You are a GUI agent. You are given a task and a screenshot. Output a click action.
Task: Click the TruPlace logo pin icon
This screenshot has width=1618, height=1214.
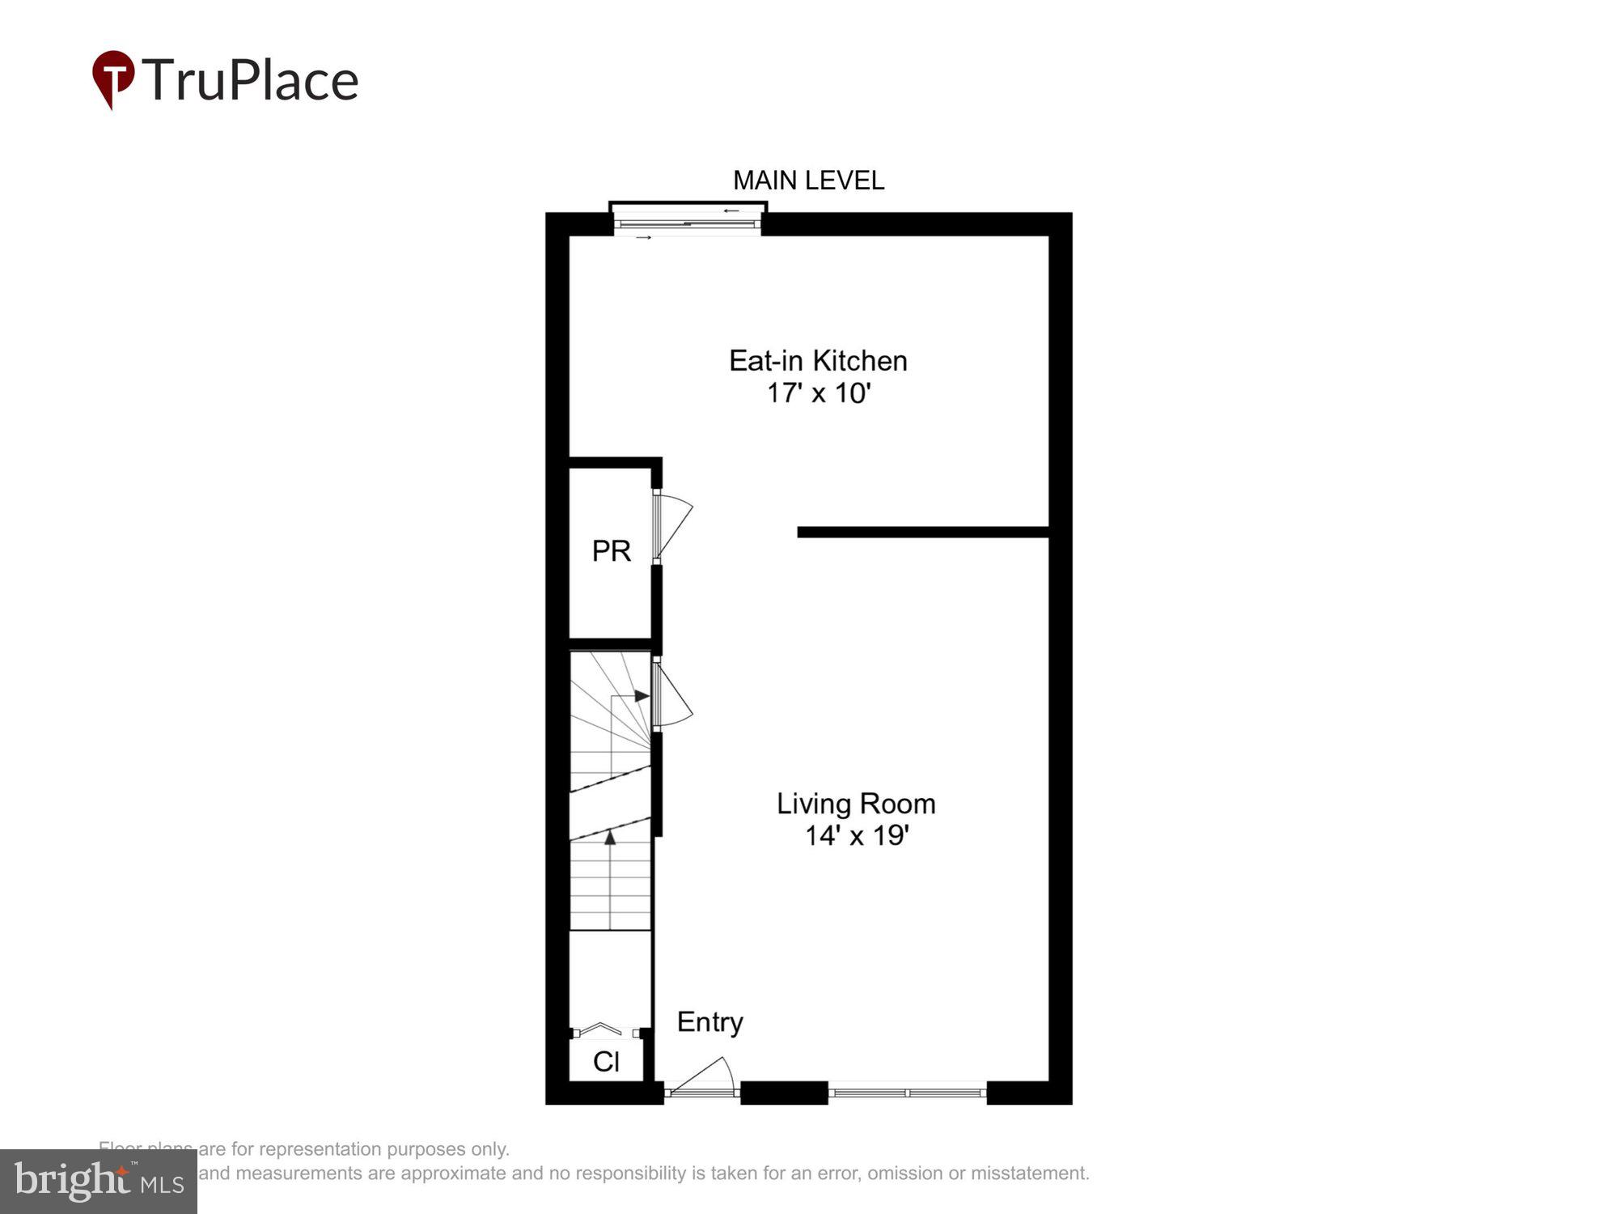[113, 78]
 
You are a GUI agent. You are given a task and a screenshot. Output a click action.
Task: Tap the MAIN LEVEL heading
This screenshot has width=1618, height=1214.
[808, 180]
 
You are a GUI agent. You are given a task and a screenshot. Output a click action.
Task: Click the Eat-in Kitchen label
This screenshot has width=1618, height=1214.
[818, 361]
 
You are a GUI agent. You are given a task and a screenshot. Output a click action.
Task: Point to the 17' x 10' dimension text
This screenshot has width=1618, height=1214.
[818, 393]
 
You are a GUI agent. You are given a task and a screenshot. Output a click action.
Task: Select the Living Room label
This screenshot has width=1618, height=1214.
[856, 804]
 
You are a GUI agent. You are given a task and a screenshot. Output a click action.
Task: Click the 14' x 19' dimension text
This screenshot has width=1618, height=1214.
[857, 835]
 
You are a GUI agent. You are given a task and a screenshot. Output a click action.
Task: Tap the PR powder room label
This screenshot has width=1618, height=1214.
[611, 551]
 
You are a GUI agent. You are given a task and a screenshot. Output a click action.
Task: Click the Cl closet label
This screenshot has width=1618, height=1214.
[606, 1061]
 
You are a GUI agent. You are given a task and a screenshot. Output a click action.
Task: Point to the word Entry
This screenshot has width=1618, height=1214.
[709, 1022]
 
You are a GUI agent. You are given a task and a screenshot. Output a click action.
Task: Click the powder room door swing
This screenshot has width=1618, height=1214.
[673, 526]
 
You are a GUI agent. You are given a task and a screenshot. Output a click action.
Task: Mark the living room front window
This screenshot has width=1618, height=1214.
[907, 1093]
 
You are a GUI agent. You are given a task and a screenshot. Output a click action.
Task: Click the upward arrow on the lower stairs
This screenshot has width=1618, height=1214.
[610, 838]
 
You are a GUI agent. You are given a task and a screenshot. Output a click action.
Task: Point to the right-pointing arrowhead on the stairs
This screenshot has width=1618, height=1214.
[642, 696]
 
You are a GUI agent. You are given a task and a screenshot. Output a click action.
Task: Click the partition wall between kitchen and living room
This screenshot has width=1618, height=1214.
[922, 532]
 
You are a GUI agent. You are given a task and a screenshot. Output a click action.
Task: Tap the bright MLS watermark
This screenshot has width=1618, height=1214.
[99, 1181]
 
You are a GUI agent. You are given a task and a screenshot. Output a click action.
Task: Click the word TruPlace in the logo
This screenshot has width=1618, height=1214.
[250, 80]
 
